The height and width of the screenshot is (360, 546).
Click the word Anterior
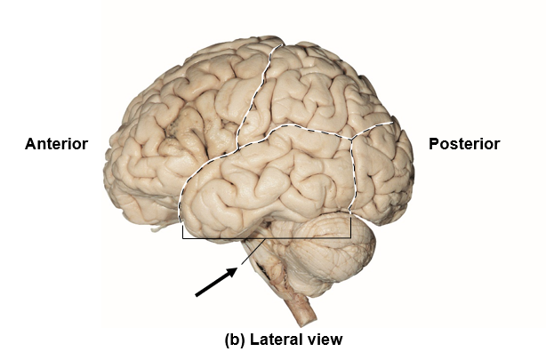point(56,144)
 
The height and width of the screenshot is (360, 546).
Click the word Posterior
point(464,144)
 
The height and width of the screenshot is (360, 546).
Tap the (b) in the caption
point(236,339)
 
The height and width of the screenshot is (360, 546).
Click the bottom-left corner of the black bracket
point(182,238)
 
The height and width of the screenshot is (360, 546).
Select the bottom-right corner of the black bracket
point(350,238)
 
